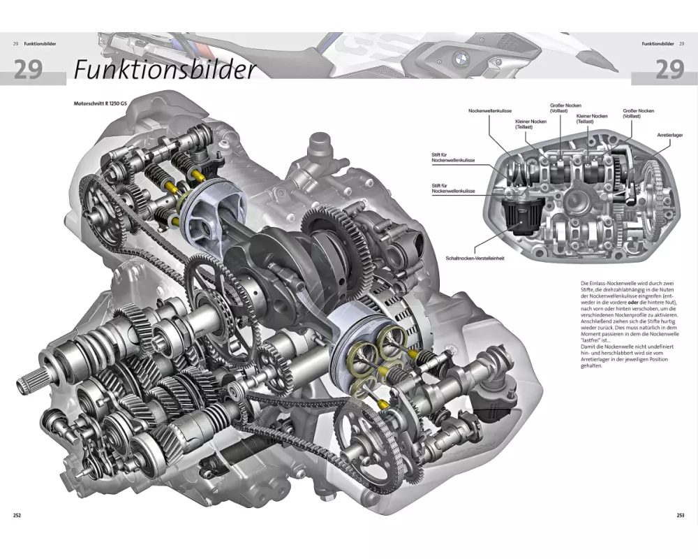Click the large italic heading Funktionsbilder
click(165, 70)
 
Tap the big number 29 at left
click(28, 70)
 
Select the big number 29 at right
click(669, 70)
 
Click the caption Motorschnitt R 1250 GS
click(101, 104)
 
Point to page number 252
click(17, 516)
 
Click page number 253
click(680, 516)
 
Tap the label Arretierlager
click(669, 133)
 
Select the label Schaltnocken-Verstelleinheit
click(475, 258)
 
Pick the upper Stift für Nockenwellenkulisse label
click(454, 158)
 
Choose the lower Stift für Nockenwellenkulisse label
click(454, 188)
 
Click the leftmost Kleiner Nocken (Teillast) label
click(531, 124)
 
